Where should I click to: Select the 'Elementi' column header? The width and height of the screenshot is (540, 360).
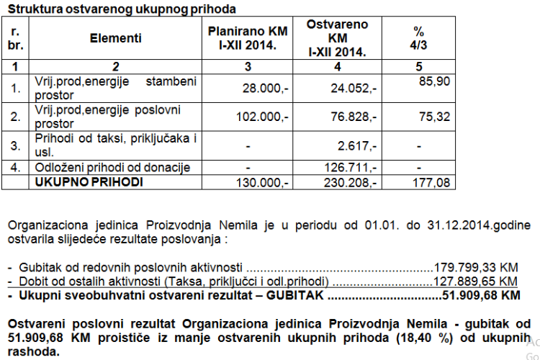click(116, 38)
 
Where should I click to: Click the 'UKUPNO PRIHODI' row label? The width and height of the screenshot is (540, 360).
click(89, 182)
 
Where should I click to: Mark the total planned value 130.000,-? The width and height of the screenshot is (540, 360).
click(262, 183)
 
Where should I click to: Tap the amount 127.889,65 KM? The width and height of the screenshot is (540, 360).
click(475, 280)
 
